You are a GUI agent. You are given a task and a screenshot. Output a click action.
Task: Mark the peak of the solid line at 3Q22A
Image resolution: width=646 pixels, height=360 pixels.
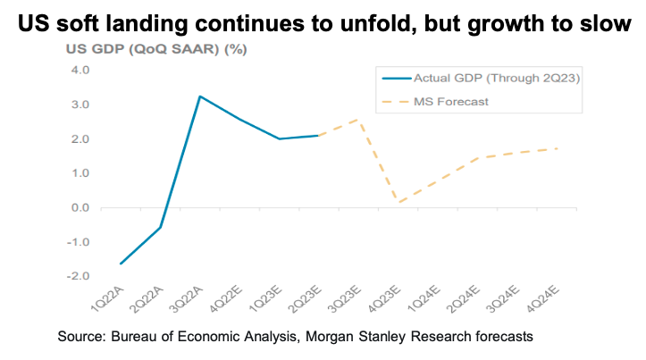coord(200,96)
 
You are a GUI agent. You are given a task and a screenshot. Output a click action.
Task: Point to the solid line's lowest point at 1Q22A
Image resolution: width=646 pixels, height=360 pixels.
coord(121,264)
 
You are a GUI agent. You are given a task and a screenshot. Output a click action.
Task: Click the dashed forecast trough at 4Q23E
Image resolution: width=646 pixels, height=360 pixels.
coord(399,203)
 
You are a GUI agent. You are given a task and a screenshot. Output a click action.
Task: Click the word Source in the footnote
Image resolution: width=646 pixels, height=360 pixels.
coord(79,337)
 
